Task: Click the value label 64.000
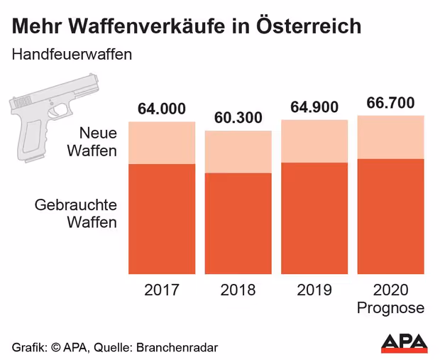coord(162,109)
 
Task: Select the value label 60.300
coord(238,118)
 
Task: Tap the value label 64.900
coord(314,107)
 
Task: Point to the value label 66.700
coord(390,103)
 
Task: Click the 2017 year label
coord(162,291)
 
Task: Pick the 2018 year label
coord(238,291)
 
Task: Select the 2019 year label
coord(314,291)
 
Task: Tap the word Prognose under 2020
coord(390,308)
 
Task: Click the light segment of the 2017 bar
coord(162,143)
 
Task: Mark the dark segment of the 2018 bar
coord(238,224)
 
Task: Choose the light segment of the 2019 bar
coord(314,141)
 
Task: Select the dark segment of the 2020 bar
coord(390,217)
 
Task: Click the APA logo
coord(404,342)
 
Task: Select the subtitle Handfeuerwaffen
coord(72,55)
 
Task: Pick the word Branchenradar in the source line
coord(175,347)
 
